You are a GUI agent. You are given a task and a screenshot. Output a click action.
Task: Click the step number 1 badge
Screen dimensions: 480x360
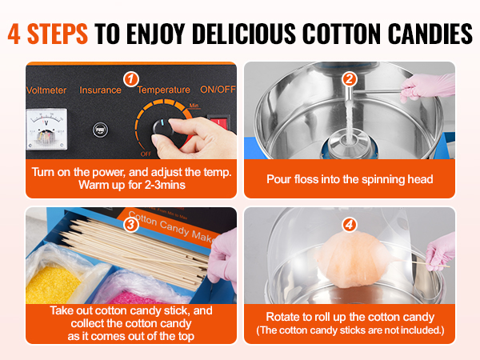[x=131, y=79]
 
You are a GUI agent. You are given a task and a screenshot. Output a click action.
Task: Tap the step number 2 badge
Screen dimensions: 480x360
[x=350, y=79]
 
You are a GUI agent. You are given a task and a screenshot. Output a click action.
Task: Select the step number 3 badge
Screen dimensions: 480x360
[x=131, y=225]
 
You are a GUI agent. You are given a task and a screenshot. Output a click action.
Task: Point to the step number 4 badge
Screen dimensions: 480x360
[x=350, y=225]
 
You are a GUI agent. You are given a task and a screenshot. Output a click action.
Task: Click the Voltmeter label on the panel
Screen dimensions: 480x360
[x=46, y=90]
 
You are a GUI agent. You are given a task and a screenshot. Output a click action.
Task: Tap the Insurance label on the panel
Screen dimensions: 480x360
[x=101, y=90]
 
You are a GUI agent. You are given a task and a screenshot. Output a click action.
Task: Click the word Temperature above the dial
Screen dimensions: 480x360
[x=163, y=90]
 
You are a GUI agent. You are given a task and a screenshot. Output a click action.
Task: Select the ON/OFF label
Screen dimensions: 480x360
[x=218, y=89]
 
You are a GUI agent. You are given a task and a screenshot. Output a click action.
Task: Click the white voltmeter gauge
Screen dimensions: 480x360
[x=46, y=130]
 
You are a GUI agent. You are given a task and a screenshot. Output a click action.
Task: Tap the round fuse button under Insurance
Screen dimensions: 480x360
[x=100, y=130]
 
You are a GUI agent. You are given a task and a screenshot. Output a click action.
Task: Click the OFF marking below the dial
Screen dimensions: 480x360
[x=146, y=154]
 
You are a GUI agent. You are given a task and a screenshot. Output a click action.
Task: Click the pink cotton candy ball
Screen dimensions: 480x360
[x=352, y=259]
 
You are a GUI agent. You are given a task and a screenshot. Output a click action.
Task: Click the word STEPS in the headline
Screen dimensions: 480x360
[x=58, y=34]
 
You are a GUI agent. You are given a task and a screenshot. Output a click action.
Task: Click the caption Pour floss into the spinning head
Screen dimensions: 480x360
[x=350, y=179]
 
